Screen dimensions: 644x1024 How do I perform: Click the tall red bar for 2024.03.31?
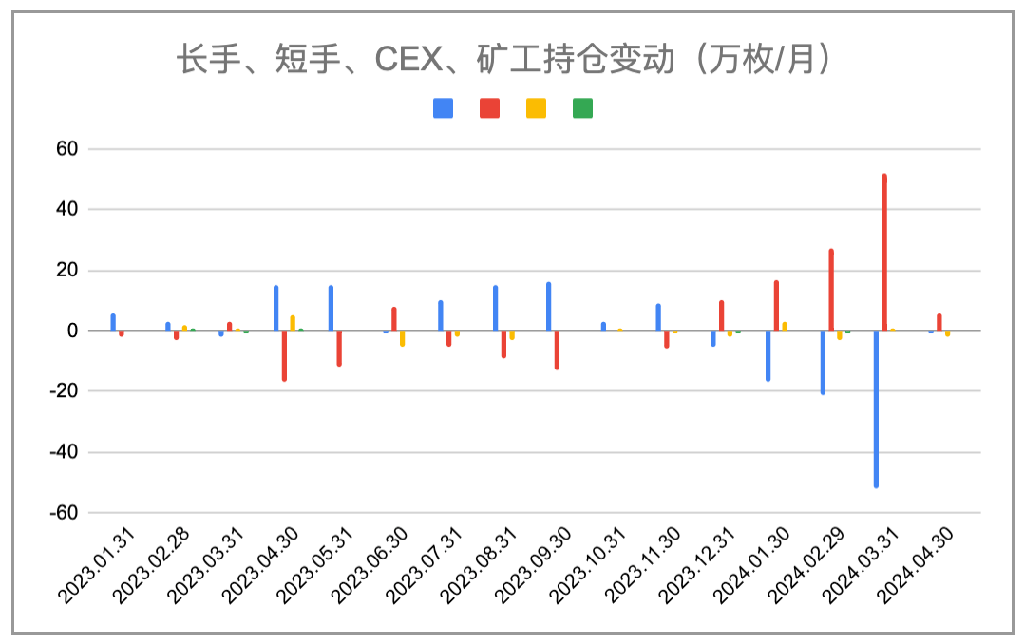(884, 253)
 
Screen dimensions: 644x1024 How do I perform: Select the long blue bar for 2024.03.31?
(876, 408)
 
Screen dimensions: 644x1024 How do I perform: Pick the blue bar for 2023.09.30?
(549, 307)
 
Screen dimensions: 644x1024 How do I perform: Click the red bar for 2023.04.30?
(284, 355)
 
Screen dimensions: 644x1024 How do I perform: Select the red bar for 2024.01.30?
(776, 306)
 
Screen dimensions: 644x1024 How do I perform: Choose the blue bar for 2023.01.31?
(113, 323)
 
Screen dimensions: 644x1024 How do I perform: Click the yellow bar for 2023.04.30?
(293, 323)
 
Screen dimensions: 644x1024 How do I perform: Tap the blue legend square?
(443, 108)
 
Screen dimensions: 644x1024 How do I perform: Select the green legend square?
(582, 108)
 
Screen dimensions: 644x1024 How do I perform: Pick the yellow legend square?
(536, 108)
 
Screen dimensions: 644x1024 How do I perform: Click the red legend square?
(489, 108)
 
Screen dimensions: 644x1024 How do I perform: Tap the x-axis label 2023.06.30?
(371, 564)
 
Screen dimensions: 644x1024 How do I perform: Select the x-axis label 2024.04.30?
(917, 564)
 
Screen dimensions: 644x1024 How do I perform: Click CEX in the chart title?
(407, 61)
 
